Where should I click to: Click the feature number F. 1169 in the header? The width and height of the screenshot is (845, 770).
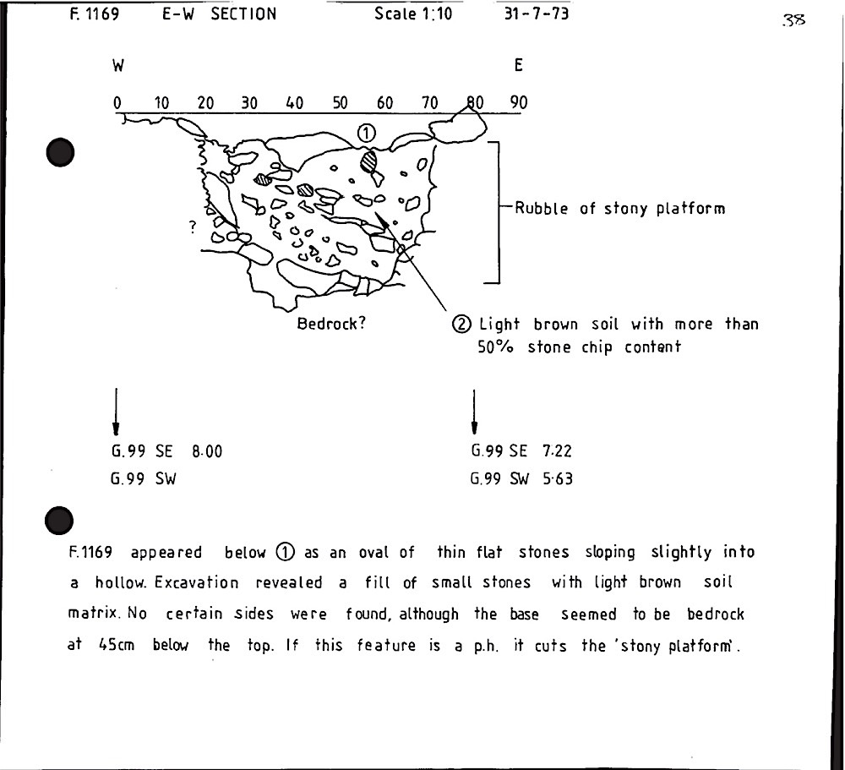click(95, 14)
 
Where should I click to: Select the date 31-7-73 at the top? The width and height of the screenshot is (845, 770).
click(537, 13)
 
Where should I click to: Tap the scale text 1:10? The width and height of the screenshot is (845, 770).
click(437, 13)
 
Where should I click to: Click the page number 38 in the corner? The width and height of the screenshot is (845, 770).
click(793, 20)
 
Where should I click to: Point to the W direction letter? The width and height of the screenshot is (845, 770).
click(118, 66)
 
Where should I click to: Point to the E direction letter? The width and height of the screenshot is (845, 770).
click(519, 65)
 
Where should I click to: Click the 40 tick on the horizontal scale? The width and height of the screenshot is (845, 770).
click(294, 102)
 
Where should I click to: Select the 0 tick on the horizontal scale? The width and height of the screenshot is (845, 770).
click(117, 102)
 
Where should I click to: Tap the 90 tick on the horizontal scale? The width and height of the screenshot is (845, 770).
click(519, 102)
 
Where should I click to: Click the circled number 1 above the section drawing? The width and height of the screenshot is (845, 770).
click(366, 133)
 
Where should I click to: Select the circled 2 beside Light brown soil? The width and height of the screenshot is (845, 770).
click(461, 324)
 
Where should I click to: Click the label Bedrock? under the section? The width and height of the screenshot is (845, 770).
click(331, 324)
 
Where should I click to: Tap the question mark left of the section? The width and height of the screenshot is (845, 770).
click(193, 227)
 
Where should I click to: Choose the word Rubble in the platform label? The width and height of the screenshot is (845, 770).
click(541, 208)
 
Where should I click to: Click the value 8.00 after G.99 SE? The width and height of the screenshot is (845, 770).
click(207, 451)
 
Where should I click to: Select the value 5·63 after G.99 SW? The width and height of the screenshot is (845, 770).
click(557, 478)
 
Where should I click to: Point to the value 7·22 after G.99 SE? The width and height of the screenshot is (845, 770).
click(557, 451)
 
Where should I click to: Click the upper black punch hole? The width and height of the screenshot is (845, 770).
click(60, 153)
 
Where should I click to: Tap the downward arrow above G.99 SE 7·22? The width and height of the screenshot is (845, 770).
click(474, 412)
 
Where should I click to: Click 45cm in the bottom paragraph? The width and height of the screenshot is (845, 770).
click(117, 644)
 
